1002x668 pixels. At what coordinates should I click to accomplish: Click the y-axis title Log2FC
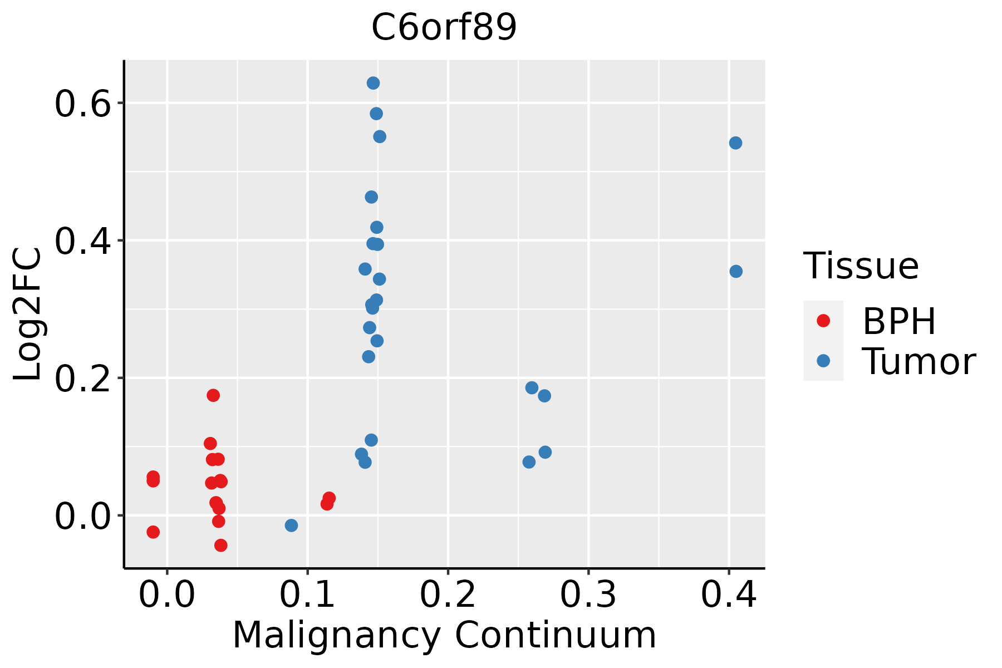(28, 315)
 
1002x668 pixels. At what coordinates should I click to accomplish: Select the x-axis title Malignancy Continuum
(444, 635)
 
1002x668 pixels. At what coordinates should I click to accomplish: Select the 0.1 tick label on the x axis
(307, 595)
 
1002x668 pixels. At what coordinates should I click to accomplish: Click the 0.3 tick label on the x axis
(588, 595)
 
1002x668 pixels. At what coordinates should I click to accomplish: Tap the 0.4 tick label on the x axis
(728, 595)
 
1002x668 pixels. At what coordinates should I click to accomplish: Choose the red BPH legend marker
(823, 321)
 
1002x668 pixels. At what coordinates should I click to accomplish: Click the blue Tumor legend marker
(823, 361)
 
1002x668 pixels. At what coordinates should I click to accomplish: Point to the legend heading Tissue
(861, 266)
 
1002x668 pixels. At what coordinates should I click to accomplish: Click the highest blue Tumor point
(373, 83)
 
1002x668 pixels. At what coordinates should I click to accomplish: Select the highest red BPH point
(213, 395)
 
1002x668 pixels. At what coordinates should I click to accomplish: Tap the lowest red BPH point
(220, 545)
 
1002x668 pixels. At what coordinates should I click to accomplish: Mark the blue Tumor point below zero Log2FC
(291, 525)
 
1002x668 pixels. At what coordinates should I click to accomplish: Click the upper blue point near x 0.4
(735, 143)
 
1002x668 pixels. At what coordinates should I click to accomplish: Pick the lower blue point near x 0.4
(736, 271)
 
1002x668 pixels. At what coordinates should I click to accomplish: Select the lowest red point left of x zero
(153, 532)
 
